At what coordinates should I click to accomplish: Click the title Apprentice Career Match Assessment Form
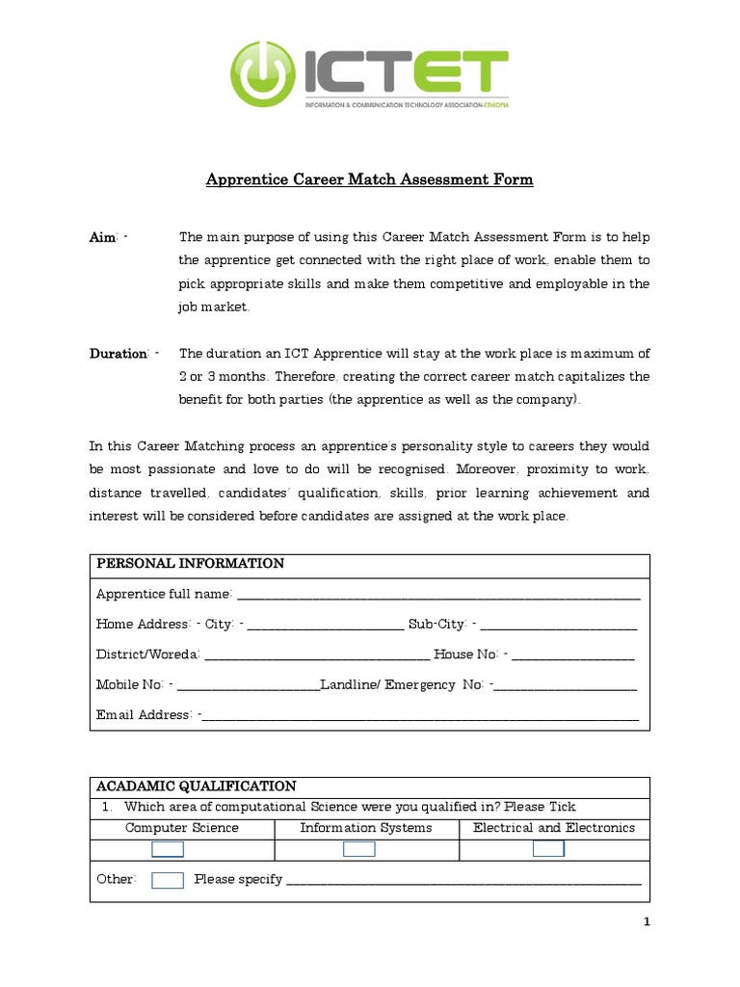[x=370, y=179]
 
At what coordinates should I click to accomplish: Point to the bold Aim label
[x=103, y=237]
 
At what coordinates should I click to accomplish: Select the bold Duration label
[x=118, y=354]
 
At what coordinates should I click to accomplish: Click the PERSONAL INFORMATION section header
[x=190, y=564]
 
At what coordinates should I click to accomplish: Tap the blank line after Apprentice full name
[x=438, y=595]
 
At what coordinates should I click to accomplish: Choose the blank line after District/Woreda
[x=317, y=655]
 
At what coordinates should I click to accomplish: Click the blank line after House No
[x=572, y=655]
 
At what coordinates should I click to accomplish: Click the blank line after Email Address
[x=420, y=716]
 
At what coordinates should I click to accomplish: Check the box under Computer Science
[x=168, y=849]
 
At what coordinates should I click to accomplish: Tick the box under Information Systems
[x=359, y=849]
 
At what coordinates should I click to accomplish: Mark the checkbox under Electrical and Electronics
[x=549, y=849]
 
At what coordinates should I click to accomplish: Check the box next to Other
[x=168, y=880]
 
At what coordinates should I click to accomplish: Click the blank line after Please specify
[x=463, y=880]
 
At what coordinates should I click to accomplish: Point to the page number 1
[x=647, y=922]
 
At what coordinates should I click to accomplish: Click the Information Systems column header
[x=366, y=828]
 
